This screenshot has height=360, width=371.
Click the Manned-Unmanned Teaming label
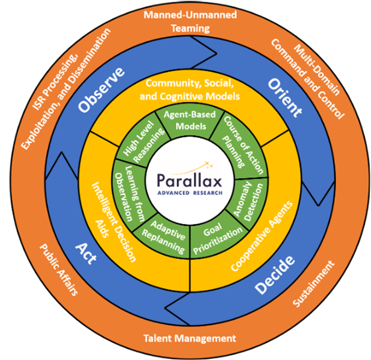point(190,21)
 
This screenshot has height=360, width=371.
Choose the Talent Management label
point(189,338)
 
